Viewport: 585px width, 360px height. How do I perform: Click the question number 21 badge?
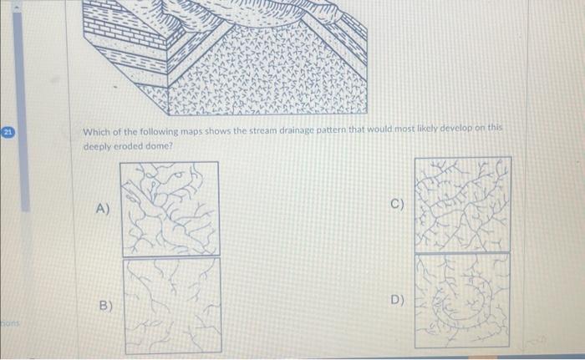pyautogui.click(x=7, y=131)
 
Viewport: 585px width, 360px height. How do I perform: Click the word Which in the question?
pyautogui.click(x=94, y=131)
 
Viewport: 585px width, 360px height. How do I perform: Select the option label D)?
pyautogui.click(x=396, y=300)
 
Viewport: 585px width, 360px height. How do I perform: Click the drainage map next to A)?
pyautogui.click(x=170, y=208)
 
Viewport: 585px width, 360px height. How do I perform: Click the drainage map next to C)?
pyautogui.click(x=461, y=204)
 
